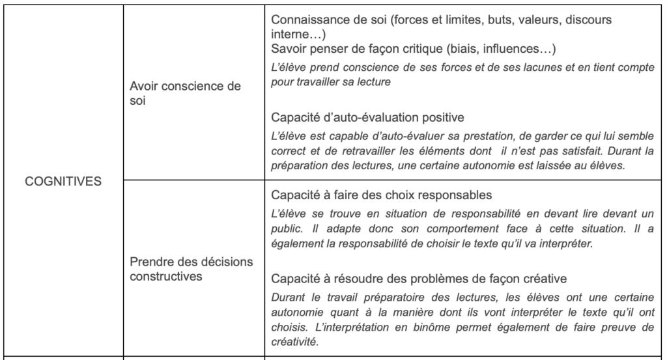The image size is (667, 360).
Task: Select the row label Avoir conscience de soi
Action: [x=186, y=94]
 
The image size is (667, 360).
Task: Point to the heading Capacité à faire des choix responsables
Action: [x=380, y=195]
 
